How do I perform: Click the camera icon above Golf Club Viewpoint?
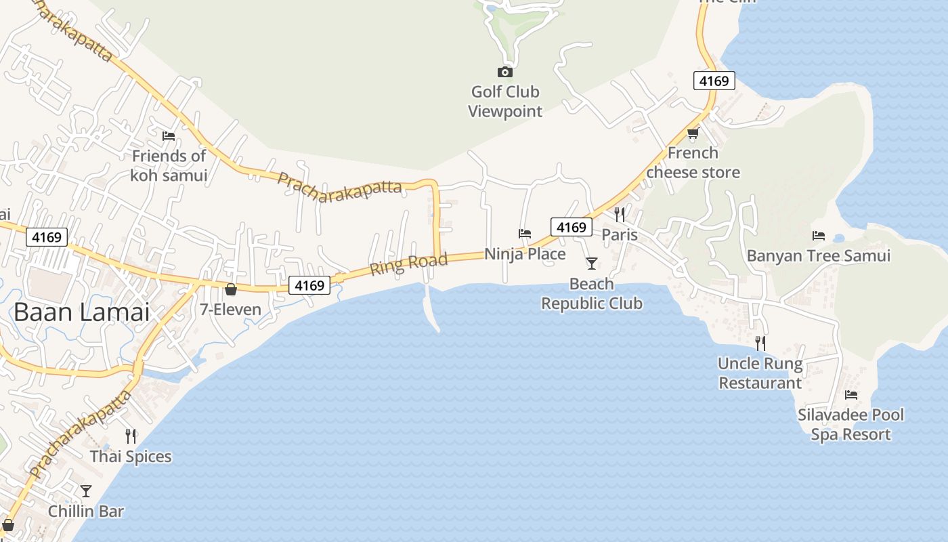pyautogui.click(x=504, y=72)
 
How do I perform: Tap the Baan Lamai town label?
pyautogui.click(x=81, y=312)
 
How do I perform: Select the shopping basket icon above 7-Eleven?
pyautogui.click(x=231, y=289)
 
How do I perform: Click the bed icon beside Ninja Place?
pyautogui.click(x=525, y=234)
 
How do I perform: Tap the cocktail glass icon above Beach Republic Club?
pyautogui.click(x=592, y=263)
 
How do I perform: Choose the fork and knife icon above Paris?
pyautogui.click(x=620, y=215)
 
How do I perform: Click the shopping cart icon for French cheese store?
pyautogui.click(x=693, y=133)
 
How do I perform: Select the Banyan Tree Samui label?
pyautogui.click(x=818, y=255)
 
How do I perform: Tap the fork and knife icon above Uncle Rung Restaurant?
pyautogui.click(x=760, y=343)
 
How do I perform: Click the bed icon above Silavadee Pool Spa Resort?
pyautogui.click(x=851, y=394)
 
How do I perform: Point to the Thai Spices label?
pyautogui.click(x=131, y=457)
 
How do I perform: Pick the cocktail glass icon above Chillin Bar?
pyautogui.click(x=86, y=491)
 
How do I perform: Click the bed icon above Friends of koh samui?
pyautogui.click(x=169, y=136)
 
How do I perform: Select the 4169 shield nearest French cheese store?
pyautogui.click(x=714, y=81)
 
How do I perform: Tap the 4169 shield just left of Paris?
pyautogui.click(x=571, y=227)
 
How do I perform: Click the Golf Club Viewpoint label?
pyautogui.click(x=505, y=102)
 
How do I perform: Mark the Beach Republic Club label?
pyautogui.click(x=592, y=293)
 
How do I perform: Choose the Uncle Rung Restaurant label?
pyautogui.click(x=760, y=373)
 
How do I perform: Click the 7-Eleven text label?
pyautogui.click(x=230, y=310)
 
